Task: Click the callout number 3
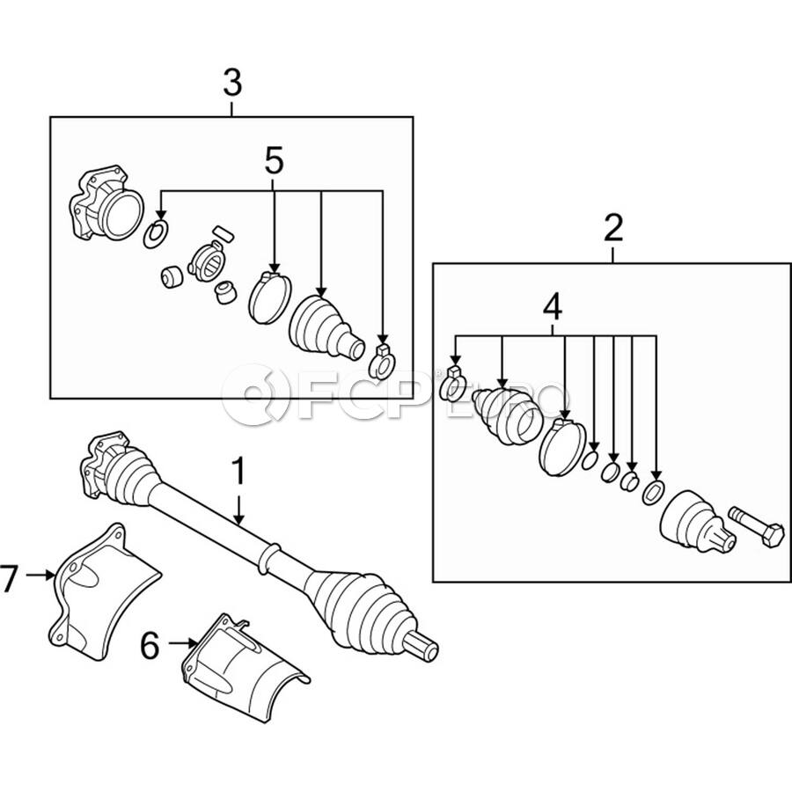tap(232, 84)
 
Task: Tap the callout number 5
tap(274, 162)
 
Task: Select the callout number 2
tap(613, 229)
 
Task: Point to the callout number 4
tap(554, 307)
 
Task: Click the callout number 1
tap(238, 471)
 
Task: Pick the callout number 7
tap(9, 578)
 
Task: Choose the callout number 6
tap(150, 646)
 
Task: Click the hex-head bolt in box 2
tap(757, 527)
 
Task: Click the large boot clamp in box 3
tap(270, 297)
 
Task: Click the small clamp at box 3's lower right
tap(383, 361)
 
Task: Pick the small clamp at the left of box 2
tap(453, 384)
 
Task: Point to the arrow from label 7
tap(40, 575)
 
